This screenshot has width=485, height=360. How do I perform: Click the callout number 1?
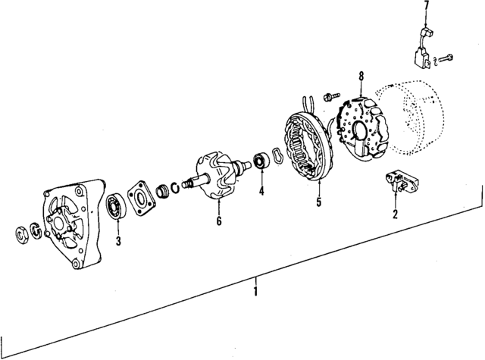click(x=256, y=290)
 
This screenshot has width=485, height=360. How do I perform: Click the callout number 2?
click(x=395, y=214)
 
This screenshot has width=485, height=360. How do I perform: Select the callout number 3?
click(x=118, y=241)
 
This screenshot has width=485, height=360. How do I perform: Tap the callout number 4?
click(x=261, y=191)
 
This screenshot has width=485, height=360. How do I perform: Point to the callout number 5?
click(x=318, y=202)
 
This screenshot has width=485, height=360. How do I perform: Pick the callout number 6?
click(x=218, y=221)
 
